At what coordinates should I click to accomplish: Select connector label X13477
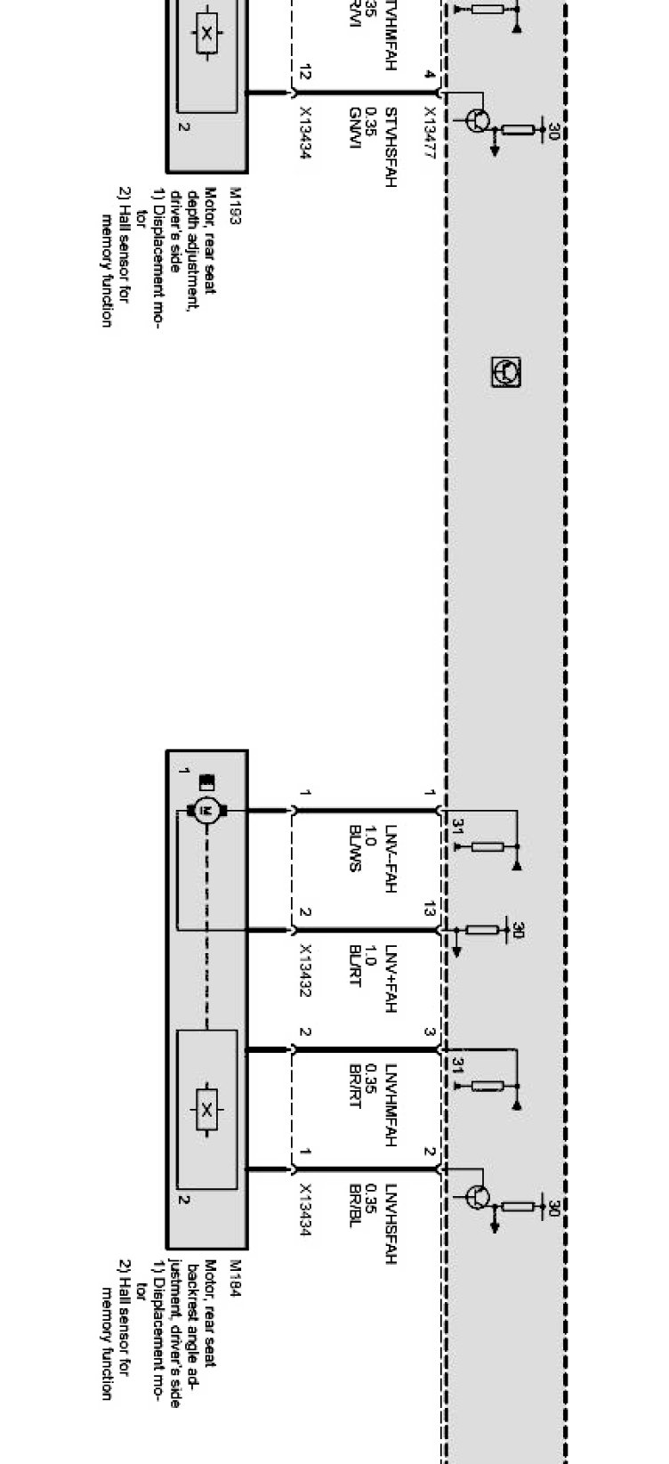tap(430, 133)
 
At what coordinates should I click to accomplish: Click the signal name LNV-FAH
tap(390, 858)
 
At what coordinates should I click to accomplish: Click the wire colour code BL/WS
tap(354, 849)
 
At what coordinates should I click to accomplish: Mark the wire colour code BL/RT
tap(354, 966)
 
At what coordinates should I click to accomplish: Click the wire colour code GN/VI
tap(354, 126)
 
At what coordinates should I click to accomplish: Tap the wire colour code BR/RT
tap(354, 1085)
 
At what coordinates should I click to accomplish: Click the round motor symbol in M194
tap(206, 810)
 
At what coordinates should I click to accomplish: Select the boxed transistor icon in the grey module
tap(506, 372)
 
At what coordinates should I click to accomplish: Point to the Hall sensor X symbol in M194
tap(206, 1109)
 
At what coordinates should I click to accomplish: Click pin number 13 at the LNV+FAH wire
tap(430, 910)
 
